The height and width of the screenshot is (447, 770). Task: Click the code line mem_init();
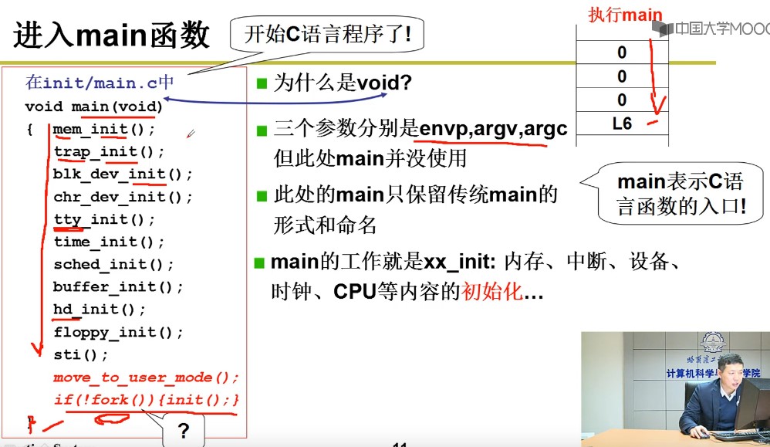click(104, 129)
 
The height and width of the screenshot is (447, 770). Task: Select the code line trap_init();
click(109, 151)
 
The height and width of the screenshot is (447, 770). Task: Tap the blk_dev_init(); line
click(123, 174)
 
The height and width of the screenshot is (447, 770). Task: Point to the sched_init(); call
click(113, 264)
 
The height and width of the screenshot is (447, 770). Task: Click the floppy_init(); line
click(118, 333)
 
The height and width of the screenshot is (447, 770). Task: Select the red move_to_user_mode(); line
click(146, 378)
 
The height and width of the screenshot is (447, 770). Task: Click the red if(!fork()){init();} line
click(146, 400)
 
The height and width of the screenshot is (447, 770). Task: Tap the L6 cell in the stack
click(621, 124)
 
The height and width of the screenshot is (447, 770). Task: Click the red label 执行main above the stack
click(625, 14)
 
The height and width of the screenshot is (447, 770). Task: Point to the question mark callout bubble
click(183, 431)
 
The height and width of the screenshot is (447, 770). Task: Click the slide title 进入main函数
click(112, 35)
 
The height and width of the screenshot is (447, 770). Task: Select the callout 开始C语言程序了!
click(327, 34)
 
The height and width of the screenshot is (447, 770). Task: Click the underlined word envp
click(443, 129)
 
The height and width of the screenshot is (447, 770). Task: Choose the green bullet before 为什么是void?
click(262, 83)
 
